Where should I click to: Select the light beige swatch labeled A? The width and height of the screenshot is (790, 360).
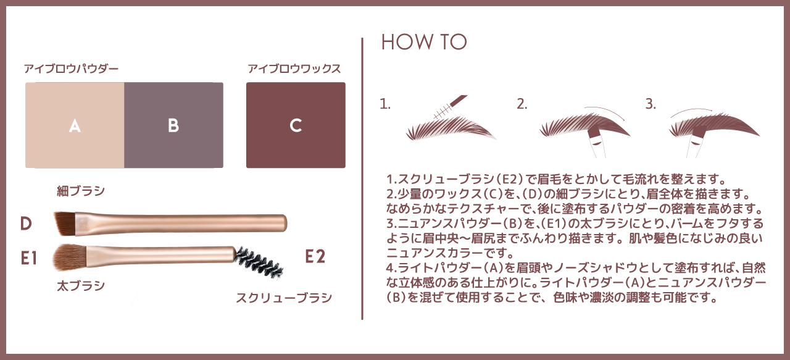click(75, 125)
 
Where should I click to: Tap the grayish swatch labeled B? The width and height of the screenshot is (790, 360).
click(173, 125)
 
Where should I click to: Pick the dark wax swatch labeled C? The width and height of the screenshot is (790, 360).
click(296, 125)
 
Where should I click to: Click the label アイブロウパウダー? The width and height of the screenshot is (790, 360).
click(71, 69)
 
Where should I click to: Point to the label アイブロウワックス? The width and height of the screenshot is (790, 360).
click(294, 69)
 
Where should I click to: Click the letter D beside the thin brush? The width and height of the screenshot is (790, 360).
click(26, 224)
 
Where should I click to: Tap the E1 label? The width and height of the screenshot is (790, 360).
click(29, 258)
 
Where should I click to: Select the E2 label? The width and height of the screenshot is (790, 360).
click(315, 256)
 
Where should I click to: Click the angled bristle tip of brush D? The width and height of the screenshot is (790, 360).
click(65, 223)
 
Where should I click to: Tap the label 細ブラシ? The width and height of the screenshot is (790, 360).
click(81, 191)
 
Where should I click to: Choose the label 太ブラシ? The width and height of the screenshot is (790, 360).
click(81, 285)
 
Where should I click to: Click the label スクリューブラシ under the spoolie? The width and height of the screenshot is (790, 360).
click(284, 298)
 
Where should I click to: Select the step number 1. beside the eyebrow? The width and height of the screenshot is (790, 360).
click(385, 104)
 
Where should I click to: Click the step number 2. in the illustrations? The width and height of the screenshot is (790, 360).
click(522, 104)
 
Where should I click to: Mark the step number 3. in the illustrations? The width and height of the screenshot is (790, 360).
click(651, 104)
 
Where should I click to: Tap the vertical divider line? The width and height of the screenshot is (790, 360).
click(362, 178)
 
